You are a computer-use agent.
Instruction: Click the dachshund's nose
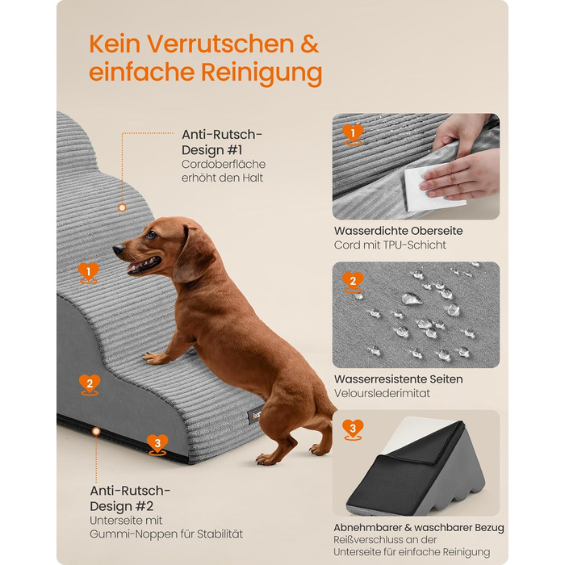tap(118, 249)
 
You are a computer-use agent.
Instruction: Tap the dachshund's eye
tap(152, 235)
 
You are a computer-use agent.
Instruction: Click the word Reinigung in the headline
tap(262, 72)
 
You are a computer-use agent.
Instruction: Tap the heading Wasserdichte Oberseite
tap(398, 231)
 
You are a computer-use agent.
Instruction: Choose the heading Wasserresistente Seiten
tap(398, 379)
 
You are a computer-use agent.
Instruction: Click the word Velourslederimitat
tap(382, 393)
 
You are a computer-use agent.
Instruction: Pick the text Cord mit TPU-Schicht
tap(390, 245)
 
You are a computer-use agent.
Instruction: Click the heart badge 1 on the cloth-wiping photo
tap(353, 135)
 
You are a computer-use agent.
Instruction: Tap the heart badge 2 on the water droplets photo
tap(353, 282)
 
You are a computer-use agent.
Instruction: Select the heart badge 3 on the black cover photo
tap(353, 429)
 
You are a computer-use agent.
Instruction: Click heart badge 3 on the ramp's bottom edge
tap(157, 445)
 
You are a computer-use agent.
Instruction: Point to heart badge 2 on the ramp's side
tap(90, 385)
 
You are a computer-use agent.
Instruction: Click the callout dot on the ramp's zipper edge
tap(96, 431)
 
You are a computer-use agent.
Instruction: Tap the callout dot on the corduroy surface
tap(122, 208)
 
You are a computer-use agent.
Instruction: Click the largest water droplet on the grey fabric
tap(411, 299)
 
